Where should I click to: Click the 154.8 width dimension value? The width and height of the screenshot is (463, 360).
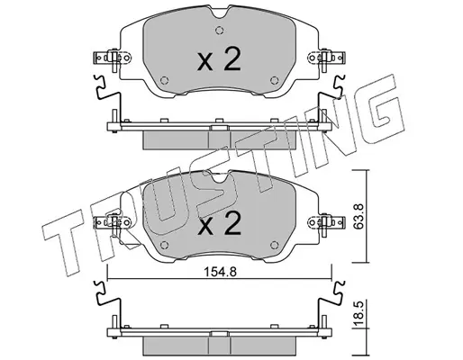pyautogui.click(x=221, y=272)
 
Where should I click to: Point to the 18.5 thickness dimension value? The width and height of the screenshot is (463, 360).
pyautogui.click(x=359, y=314)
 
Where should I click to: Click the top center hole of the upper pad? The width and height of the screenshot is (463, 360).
pyautogui.click(x=220, y=30)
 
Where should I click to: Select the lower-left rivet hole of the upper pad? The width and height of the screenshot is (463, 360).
pyautogui.click(x=164, y=80)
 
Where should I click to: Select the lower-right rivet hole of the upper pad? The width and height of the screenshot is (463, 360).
pyautogui.click(x=274, y=80)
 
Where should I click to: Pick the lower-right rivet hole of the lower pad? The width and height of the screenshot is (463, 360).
pyautogui.click(x=274, y=245)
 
